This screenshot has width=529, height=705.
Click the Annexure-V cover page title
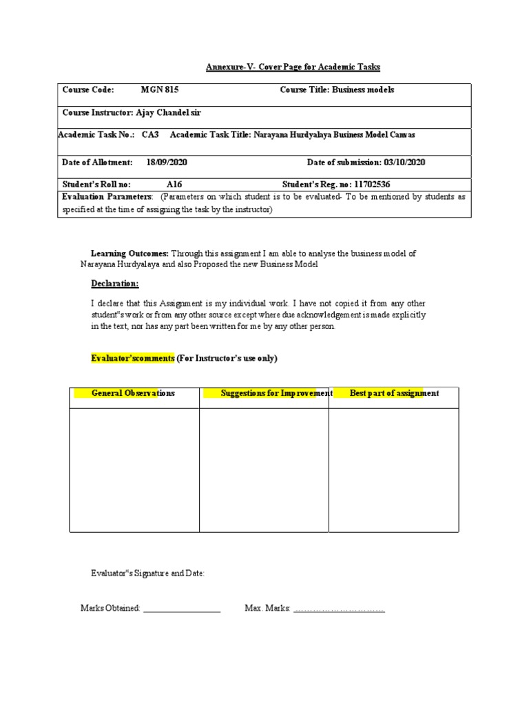[293, 67]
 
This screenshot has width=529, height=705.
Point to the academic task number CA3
[150, 135]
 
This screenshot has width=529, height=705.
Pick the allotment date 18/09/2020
[167, 162]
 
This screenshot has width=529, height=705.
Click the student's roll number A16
[174, 185]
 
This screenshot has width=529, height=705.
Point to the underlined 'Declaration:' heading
[115, 284]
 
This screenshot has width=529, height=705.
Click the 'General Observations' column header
[133, 393]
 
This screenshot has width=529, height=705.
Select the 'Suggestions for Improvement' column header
[276, 393]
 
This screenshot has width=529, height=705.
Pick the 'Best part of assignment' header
[394, 393]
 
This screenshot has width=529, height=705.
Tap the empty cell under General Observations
[134, 470]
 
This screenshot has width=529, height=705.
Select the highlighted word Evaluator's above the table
[116, 358]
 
